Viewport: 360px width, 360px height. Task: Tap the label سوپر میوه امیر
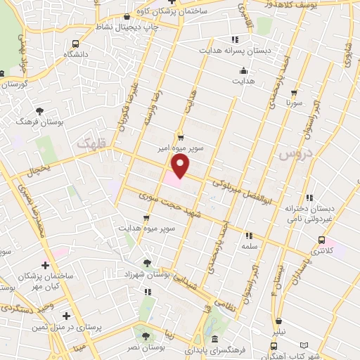pyautogui.click(x=180, y=149)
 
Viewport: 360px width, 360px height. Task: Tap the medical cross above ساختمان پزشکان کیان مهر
pyautogui.click(x=46, y=265)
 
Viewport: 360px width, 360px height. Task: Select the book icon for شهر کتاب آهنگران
pyautogui.click(x=304, y=346)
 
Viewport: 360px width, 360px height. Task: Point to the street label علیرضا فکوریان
pyautogui.click(x=129, y=113)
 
